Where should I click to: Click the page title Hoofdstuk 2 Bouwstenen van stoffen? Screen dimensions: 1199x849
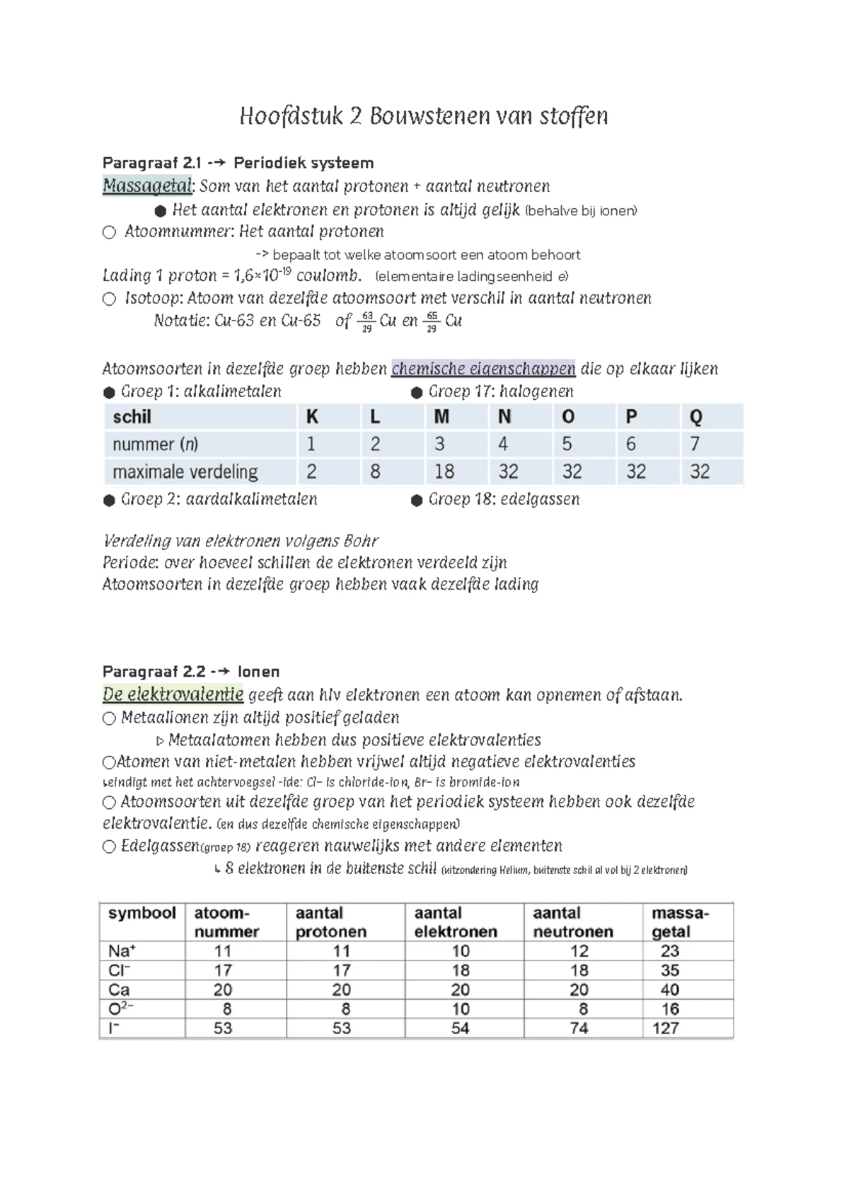click(424, 116)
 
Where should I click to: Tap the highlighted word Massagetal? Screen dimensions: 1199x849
click(147, 186)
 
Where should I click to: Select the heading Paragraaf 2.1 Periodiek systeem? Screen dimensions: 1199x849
click(238, 163)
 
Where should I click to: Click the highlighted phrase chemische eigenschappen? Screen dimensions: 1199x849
click(483, 369)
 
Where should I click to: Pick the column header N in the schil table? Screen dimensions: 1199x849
click(504, 417)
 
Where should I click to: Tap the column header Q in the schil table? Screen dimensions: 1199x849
click(695, 417)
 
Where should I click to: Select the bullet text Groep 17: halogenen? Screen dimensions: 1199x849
click(500, 391)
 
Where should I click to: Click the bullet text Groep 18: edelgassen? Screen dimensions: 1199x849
click(503, 499)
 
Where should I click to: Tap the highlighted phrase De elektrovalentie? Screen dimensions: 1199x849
click(173, 694)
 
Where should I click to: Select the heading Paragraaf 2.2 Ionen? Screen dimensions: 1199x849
click(191, 671)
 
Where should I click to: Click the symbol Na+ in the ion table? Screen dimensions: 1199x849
click(122, 951)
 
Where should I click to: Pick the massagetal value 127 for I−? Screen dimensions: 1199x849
click(665, 1028)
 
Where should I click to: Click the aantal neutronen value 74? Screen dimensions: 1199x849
click(579, 1028)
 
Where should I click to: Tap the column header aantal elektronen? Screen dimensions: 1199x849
click(456, 922)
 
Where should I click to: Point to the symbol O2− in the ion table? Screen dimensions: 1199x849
click(121, 1008)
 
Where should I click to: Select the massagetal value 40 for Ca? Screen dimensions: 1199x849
click(669, 989)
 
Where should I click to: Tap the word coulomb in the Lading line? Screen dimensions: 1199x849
click(328, 275)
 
